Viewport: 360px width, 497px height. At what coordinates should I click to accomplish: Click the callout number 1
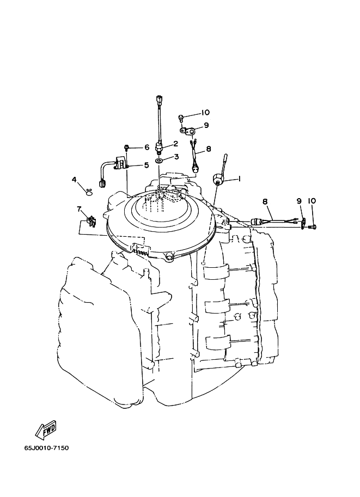(238, 179)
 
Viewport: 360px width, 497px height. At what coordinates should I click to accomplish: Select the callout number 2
(175, 144)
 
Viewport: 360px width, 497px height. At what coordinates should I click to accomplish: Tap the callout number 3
(176, 157)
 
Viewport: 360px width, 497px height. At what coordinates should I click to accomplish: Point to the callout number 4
(74, 179)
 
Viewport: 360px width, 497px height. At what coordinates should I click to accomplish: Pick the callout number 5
(146, 165)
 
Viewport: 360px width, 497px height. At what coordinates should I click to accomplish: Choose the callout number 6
(146, 148)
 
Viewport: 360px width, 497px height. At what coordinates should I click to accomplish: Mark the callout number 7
(79, 208)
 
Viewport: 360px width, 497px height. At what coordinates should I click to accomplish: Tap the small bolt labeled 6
(126, 147)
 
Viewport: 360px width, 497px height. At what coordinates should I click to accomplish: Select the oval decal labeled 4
(89, 191)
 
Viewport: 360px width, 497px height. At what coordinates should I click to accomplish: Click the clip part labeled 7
(90, 221)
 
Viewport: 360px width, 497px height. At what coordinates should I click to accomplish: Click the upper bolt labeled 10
(181, 117)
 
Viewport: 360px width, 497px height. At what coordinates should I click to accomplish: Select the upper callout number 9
(206, 126)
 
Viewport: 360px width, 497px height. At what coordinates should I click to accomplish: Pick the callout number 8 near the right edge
(265, 201)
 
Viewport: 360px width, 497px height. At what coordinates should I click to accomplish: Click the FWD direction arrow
(46, 429)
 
